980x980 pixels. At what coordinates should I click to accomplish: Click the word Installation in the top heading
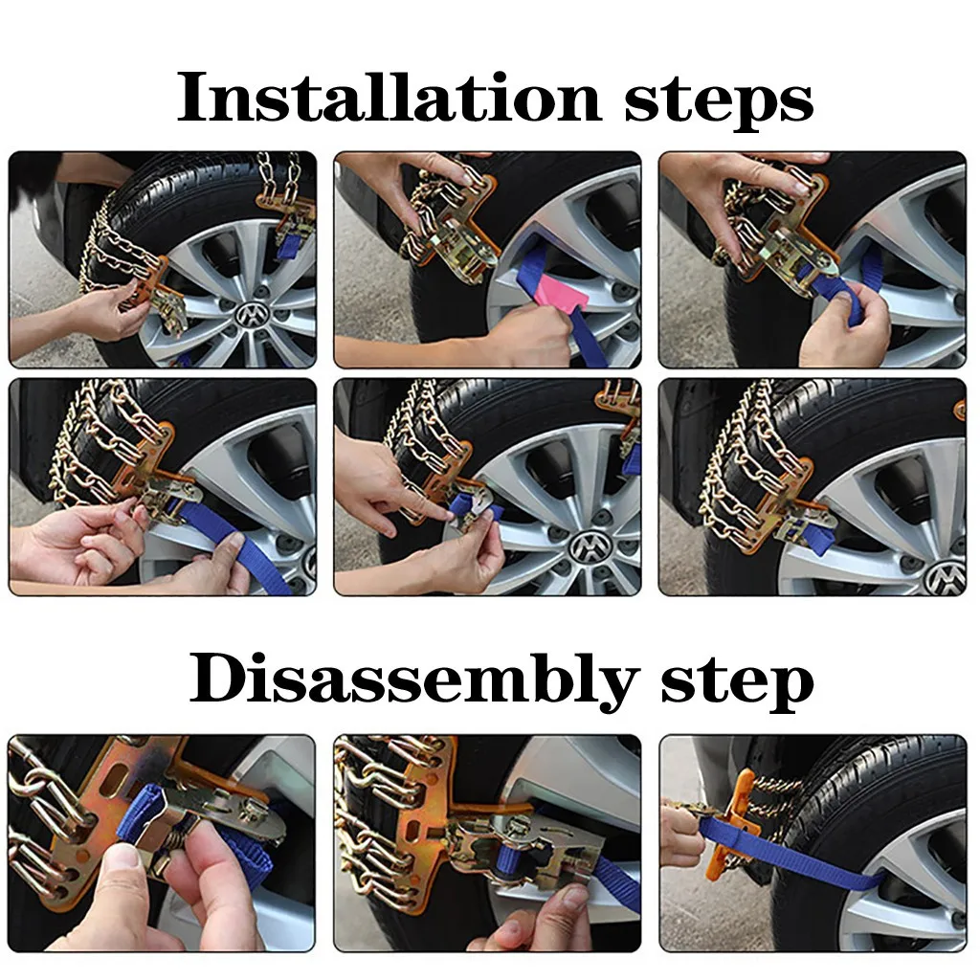[389, 99]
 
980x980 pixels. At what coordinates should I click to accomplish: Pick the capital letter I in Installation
[193, 98]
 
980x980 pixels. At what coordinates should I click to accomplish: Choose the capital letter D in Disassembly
[220, 679]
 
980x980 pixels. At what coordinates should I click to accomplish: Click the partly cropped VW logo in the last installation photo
[945, 577]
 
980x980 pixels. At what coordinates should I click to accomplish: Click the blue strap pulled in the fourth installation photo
[234, 544]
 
